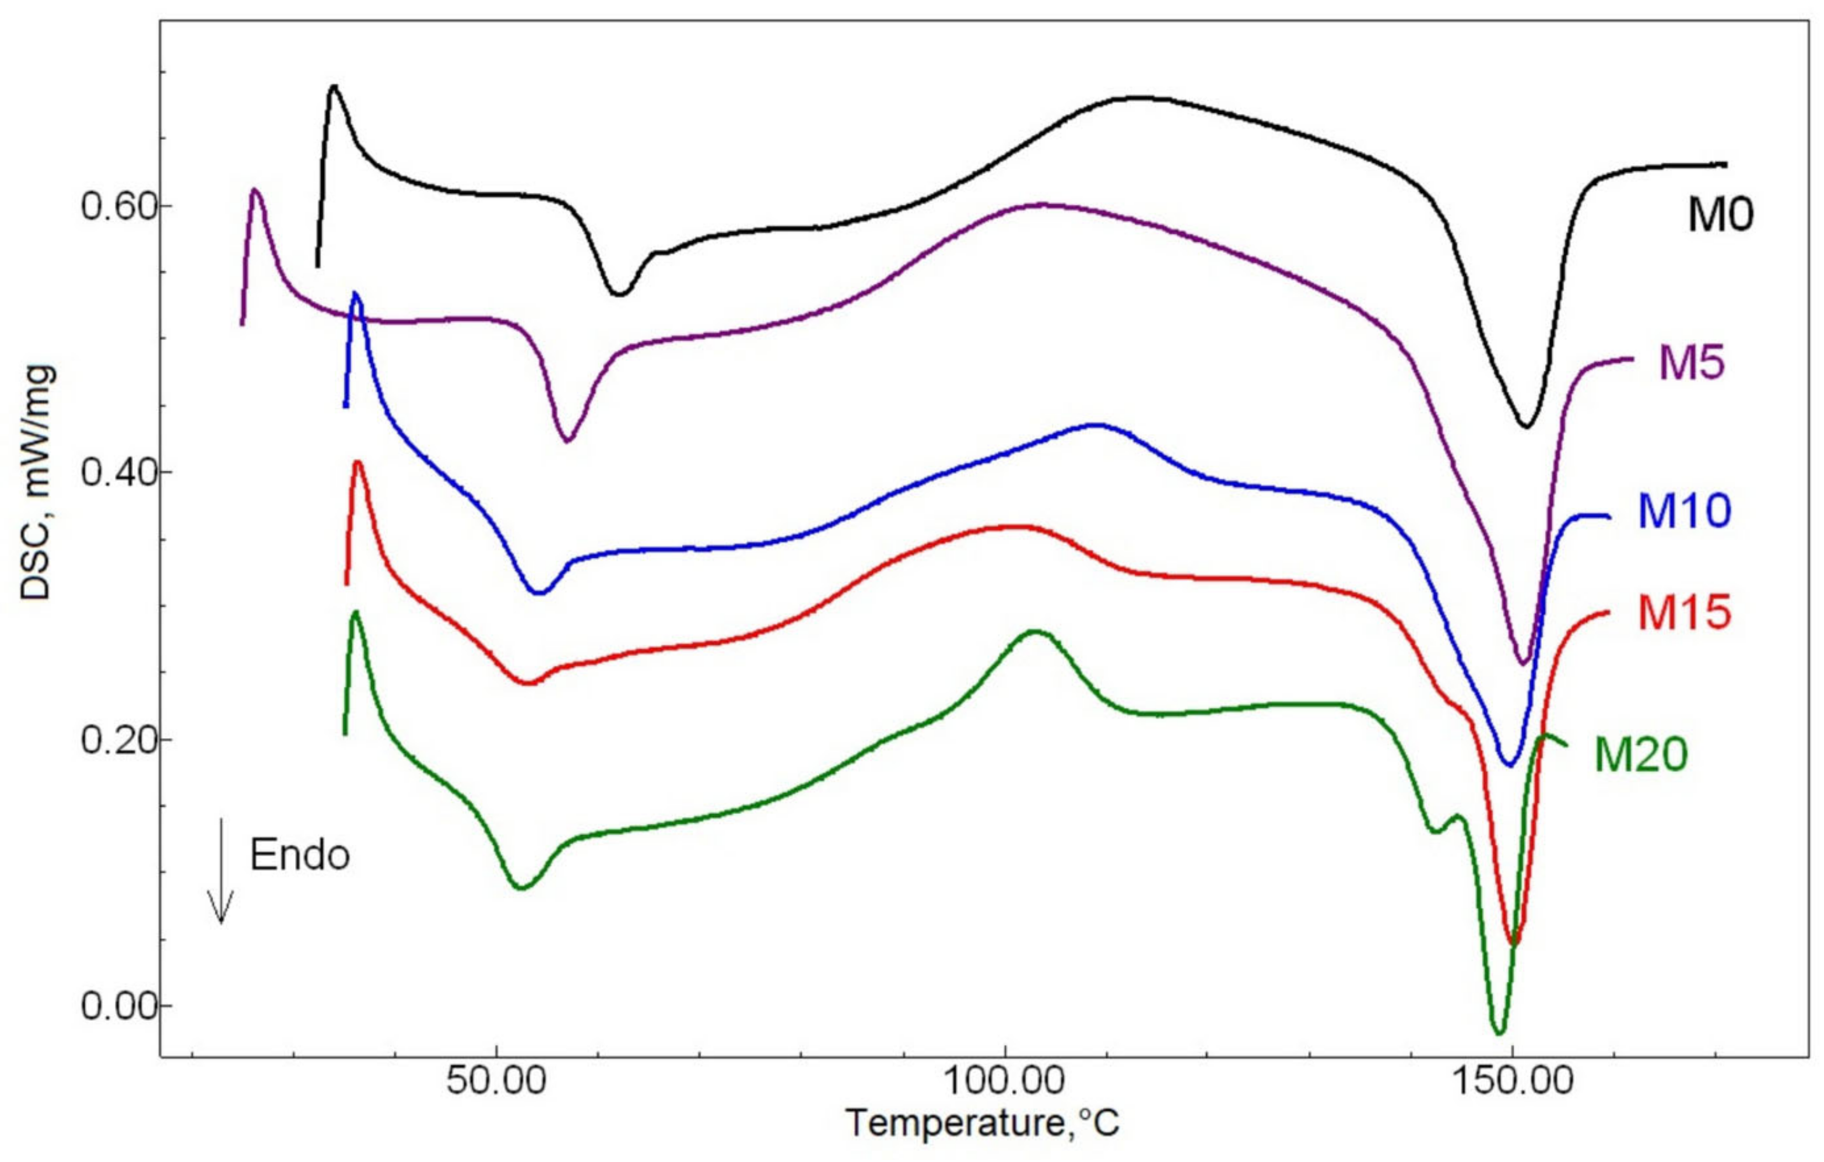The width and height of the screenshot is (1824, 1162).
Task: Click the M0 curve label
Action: tap(1719, 215)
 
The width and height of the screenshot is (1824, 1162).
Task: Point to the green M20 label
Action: tap(1641, 754)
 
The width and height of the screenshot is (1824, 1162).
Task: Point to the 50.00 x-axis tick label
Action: tap(496, 1081)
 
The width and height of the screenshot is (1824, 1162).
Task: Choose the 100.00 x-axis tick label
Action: tap(1005, 1081)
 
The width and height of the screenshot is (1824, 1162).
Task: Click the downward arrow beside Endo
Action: tap(221, 871)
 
